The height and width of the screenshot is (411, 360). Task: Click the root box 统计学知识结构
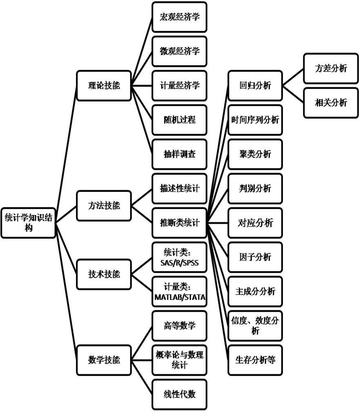(28, 222)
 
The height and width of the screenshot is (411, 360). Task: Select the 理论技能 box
(104, 86)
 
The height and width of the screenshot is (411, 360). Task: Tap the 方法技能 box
(104, 205)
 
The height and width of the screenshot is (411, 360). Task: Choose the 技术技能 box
(104, 274)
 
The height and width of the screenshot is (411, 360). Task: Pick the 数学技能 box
(104, 360)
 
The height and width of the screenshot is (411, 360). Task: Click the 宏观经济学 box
(180, 17)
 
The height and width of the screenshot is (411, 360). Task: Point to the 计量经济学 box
(180, 86)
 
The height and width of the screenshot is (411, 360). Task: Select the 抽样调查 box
(180, 154)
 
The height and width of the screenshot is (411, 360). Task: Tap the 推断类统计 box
(180, 223)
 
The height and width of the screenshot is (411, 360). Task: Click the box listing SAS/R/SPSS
(180, 257)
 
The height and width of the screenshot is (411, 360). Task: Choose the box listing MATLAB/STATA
(180, 291)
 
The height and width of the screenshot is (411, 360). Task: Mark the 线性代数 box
(180, 394)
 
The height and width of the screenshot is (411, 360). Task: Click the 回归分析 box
(255, 86)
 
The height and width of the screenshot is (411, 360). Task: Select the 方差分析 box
(331, 68)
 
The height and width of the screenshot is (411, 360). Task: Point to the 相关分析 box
(331, 103)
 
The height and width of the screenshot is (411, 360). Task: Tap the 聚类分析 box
(255, 154)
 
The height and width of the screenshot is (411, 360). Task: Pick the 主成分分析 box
(255, 291)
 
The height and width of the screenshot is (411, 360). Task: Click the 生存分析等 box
(255, 360)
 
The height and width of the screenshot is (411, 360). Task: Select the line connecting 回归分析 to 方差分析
(293, 77)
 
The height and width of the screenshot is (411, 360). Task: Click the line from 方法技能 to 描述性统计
(142, 197)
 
